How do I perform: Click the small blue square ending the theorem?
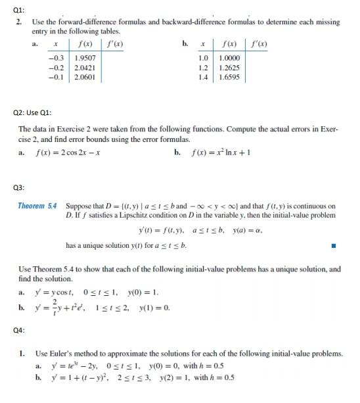(x=334, y=247)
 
